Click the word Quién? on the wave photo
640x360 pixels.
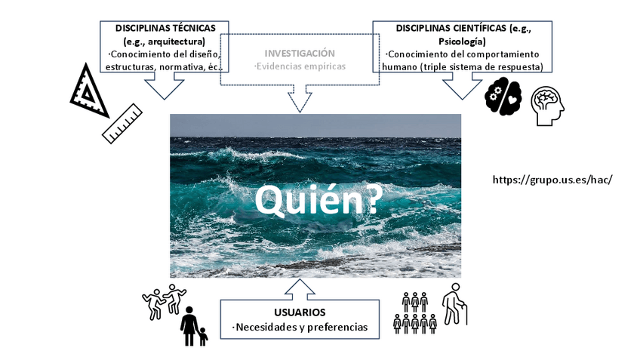click(x=317, y=200)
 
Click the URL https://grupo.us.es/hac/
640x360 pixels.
click(x=551, y=180)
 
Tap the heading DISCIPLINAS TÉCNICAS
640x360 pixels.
click(x=160, y=28)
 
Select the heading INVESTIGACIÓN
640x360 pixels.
click(x=299, y=53)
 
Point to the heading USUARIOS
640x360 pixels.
click(x=300, y=312)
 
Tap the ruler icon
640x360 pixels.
click(x=122, y=123)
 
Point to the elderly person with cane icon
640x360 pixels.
click(x=454, y=303)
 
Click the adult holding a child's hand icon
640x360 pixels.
click(x=192, y=326)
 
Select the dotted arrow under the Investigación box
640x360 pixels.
click(x=300, y=98)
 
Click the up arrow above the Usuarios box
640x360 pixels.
click(x=300, y=288)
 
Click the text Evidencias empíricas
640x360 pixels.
click(x=300, y=66)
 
